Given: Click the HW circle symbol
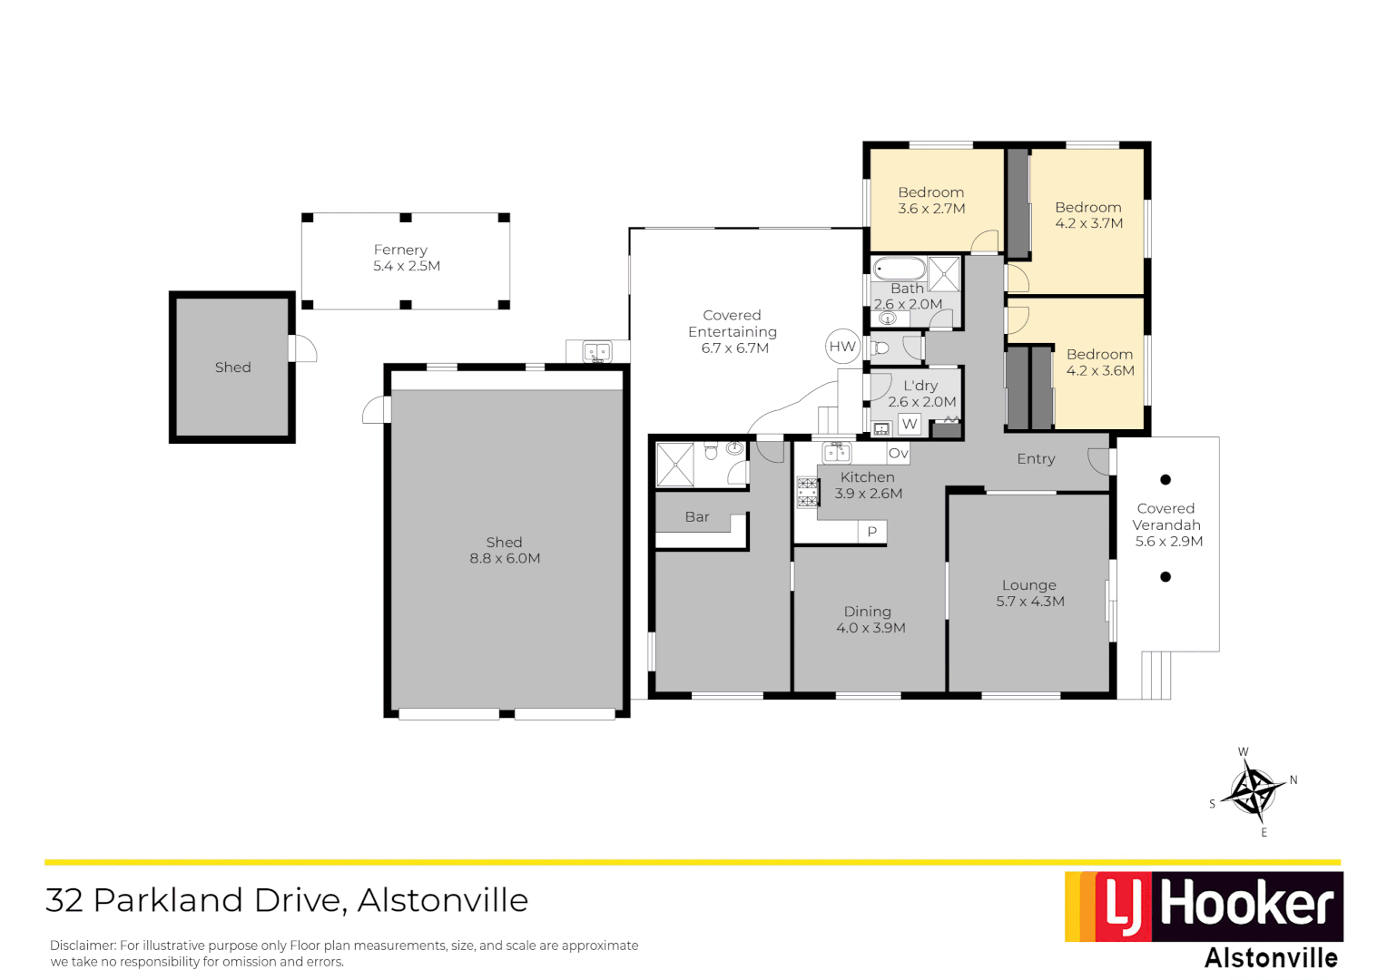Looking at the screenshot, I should click(x=842, y=346).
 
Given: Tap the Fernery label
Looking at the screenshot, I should click(x=400, y=250).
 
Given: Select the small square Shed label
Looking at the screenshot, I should click(x=232, y=367).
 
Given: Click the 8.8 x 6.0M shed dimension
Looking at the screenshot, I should click(x=505, y=559).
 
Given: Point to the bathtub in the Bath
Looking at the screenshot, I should click(x=900, y=269).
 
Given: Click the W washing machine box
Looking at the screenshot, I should click(x=910, y=424).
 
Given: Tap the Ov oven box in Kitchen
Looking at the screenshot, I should click(x=898, y=454).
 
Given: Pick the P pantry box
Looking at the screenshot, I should click(x=872, y=532).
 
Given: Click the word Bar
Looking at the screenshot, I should click(x=697, y=517).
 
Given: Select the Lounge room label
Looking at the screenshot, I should click(x=1029, y=585).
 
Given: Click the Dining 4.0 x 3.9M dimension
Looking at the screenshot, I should click(x=871, y=628).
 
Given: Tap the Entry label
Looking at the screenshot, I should click(x=1036, y=459).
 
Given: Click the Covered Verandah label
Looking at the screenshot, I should click(x=1166, y=517).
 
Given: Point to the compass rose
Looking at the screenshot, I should click(x=1253, y=790).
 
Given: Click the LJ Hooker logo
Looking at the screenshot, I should click(x=1204, y=906).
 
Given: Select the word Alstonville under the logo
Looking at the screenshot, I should click(x=1271, y=958).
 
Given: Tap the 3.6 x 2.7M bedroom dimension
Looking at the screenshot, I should click(x=931, y=209).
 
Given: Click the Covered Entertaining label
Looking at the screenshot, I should click(x=733, y=324).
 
